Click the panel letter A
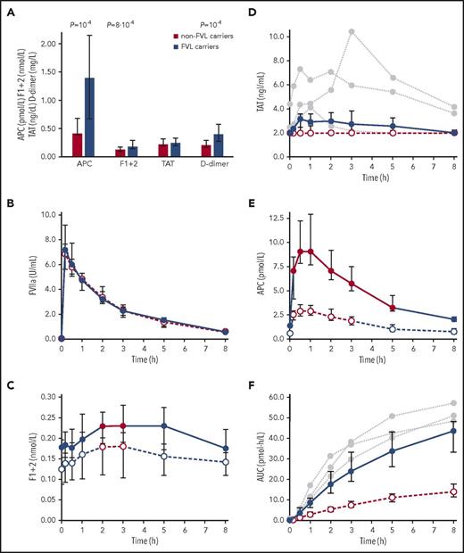[7, 8]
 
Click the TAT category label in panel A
[156, 165]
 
